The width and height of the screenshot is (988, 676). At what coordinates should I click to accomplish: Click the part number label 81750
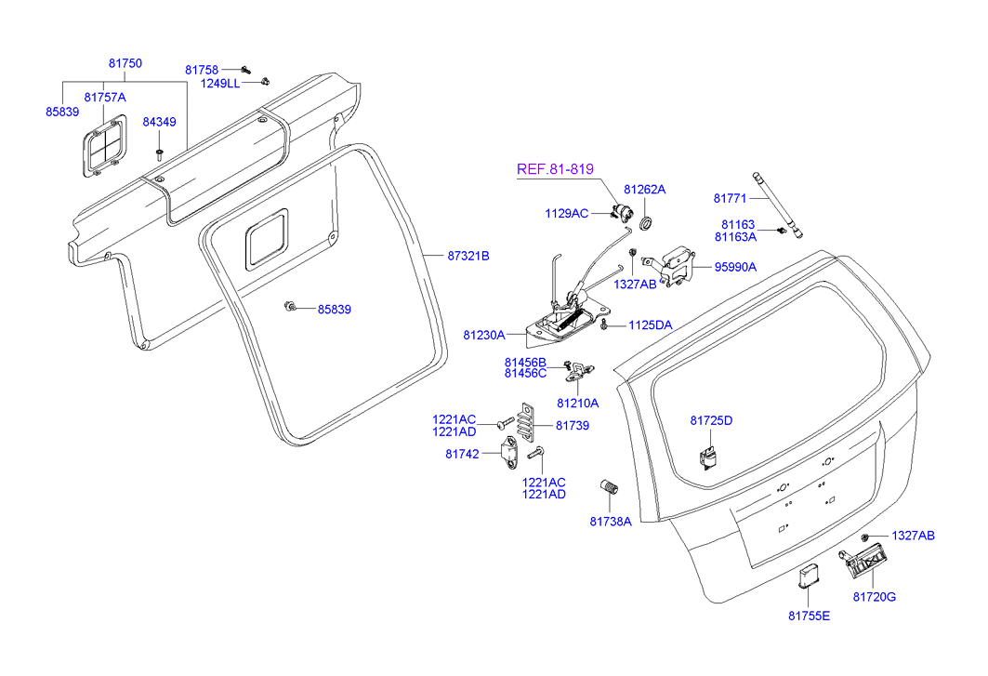point(125,63)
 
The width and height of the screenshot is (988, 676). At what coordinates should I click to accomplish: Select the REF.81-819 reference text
point(555,168)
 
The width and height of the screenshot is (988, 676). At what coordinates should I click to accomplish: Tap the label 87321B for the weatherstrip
point(468,255)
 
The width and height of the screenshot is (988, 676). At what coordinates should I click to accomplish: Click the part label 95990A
point(735,267)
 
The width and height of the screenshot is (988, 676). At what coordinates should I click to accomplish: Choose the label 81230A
point(484,334)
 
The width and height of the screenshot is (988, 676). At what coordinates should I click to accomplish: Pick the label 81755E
point(809,616)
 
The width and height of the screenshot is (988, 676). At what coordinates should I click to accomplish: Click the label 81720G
point(874,596)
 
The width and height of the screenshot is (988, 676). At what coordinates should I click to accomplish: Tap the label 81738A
point(610,522)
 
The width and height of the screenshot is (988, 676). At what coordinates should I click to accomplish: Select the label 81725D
point(711,420)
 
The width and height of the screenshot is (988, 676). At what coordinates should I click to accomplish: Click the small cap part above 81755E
point(809,577)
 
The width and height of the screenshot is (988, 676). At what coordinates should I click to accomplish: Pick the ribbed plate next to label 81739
point(528,427)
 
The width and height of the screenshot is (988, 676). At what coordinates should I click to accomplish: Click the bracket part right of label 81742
point(513,453)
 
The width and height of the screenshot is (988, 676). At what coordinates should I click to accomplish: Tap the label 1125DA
point(650,325)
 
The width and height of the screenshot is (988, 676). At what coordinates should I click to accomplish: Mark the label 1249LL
point(220,83)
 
